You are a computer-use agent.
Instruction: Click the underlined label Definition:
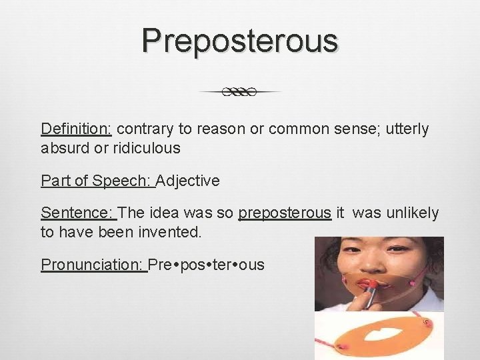[77, 129]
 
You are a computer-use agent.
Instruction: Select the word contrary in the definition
[143, 129]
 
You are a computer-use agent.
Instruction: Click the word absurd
[61, 148]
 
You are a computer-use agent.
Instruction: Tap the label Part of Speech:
[97, 181]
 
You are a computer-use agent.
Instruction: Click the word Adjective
[188, 181]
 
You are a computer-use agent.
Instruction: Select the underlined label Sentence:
[78, 213]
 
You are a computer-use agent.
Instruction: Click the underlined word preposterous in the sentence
[285, 213]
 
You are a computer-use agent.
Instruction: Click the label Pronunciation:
[93, 265]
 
